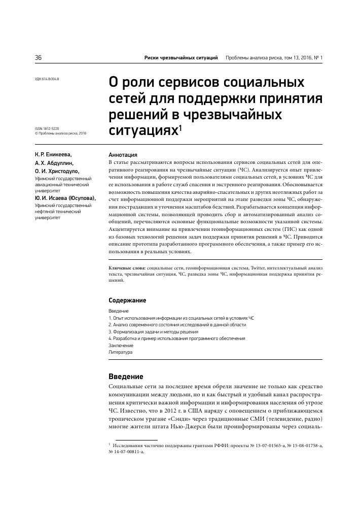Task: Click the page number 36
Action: [x=38, y=58]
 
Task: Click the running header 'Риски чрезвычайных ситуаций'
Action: [x=181, y=58]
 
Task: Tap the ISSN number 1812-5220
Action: [x=51, y=129]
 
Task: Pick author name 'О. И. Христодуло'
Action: [x=57, y=173]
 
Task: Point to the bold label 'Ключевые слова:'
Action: [x=127, y=267]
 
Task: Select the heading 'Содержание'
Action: [x=127, y=300]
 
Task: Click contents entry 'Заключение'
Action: [x=121, y=345]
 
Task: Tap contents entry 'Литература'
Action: [x=121, y=352]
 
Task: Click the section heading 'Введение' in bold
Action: [x=126, y=377]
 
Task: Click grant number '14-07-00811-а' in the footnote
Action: [x=129, y=451]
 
